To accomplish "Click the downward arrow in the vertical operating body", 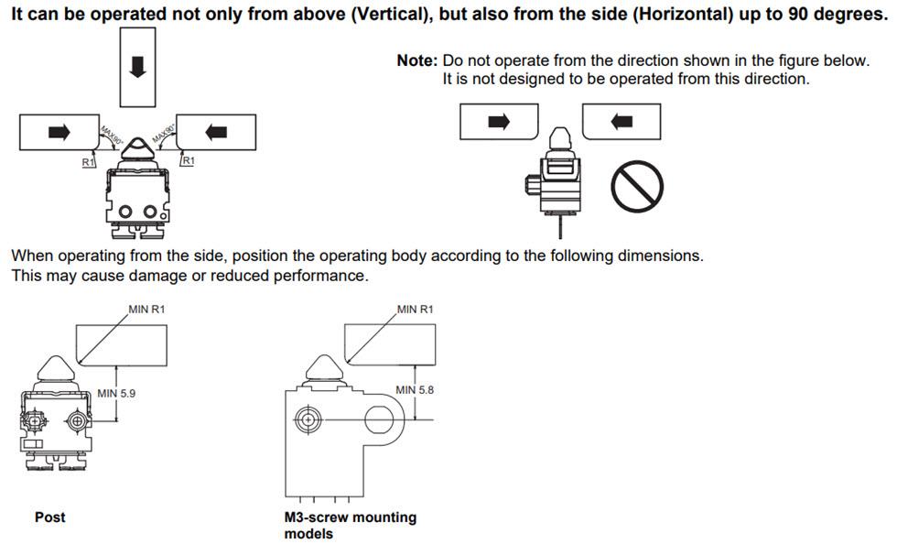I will click(x=137, y=66).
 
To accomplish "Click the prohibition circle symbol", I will click(x=637, y=186).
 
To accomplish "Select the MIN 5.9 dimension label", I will click(x=118, y=394).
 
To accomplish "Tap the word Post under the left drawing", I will click(x=50, y=517).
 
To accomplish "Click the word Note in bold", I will click(x=416, y=60).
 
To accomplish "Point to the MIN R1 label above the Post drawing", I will click(x=146, y=310).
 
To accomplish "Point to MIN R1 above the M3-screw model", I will click(x=416, y=310).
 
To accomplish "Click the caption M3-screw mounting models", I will click(x=351, y=525).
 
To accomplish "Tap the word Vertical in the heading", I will click(x=391, y=16).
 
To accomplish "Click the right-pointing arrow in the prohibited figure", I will click(x=498, y=121).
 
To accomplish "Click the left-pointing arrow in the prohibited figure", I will click(x=621, y=121).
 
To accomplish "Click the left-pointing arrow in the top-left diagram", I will click(x=217, y=132).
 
